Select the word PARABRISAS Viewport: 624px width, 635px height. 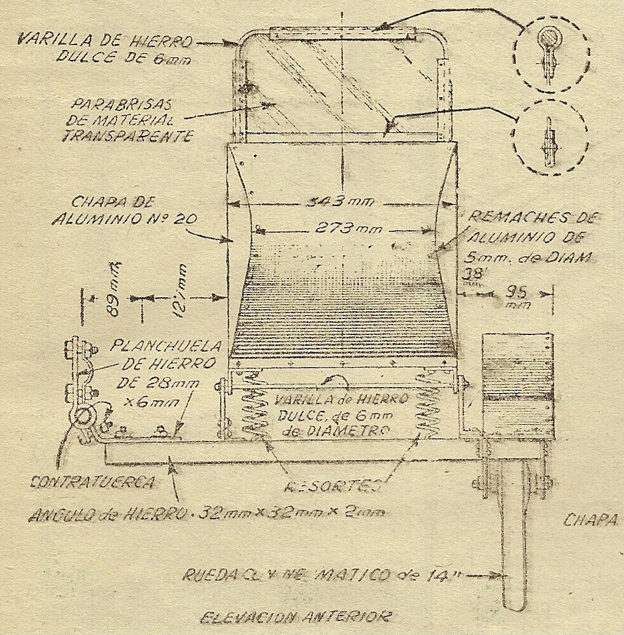click(x=124, y=106)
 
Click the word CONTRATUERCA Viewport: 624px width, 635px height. click(x=93, y=483)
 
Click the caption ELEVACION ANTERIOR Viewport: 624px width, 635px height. click(x=296, y=618)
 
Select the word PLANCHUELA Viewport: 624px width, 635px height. click(x=158, y=346)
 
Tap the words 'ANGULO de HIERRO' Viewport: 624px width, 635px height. click(x=108, y=515)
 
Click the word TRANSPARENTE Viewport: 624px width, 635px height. click(x=127, y=136)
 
